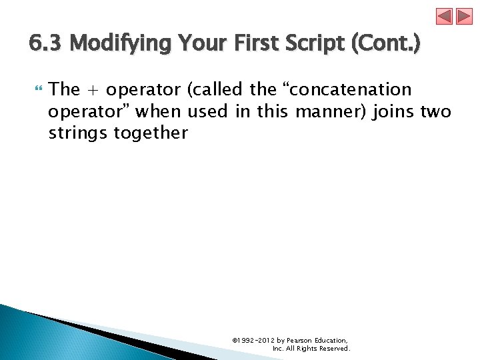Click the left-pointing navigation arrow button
(445, 17)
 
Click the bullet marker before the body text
(37, 89)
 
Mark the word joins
(394, 111)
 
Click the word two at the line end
(436, 111)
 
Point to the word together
(151, 133)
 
